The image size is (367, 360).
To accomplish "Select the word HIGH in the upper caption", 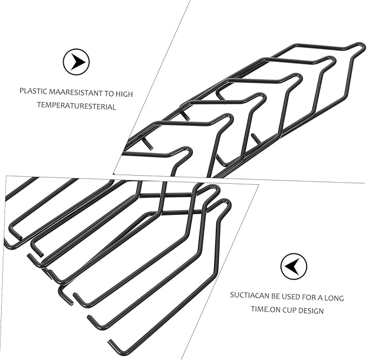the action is pyautogui.click(x=124, y=94).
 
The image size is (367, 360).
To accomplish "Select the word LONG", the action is pyautogui.click(x=334, y=298).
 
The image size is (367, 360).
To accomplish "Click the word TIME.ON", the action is pyautogui.click(x=265, y=309).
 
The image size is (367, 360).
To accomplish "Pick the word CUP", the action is pyautogui.click(x=289, y=310).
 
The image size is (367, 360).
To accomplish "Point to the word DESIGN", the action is pyautogui.click(x=311, y=311).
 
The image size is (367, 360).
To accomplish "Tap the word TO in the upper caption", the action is pyautogui.click(x=109, y=94).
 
